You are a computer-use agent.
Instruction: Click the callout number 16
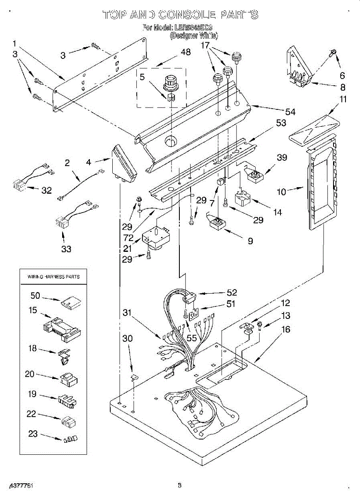pyautogui.click(x=286, y=330)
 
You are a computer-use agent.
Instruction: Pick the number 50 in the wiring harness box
pyautogui.click(x=35, y=295)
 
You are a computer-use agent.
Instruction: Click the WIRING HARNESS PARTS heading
pyautogui.click(x=53, y=276)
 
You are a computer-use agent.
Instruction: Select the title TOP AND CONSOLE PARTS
pyautogui.click(x=180, y=15)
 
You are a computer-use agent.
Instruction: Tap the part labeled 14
pyautogui.click(x=242, y=198)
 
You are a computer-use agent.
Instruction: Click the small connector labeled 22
pyautogui.click(x=68, y=422)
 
